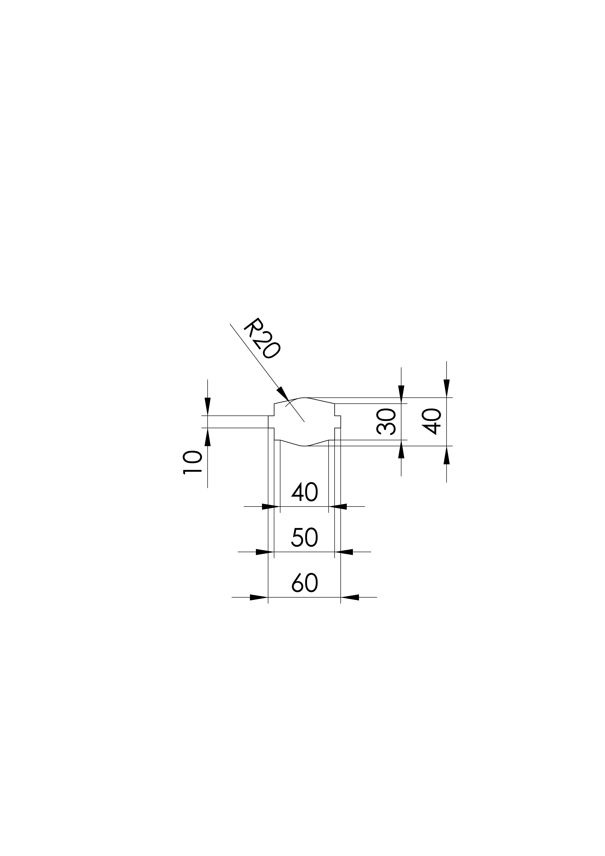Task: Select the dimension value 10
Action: (192, 462)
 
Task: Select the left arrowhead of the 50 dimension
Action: (265, 552)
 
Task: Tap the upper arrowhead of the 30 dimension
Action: (401, 395)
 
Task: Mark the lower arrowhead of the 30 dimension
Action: (401, 449)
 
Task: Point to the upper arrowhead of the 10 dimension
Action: (208, 406)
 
